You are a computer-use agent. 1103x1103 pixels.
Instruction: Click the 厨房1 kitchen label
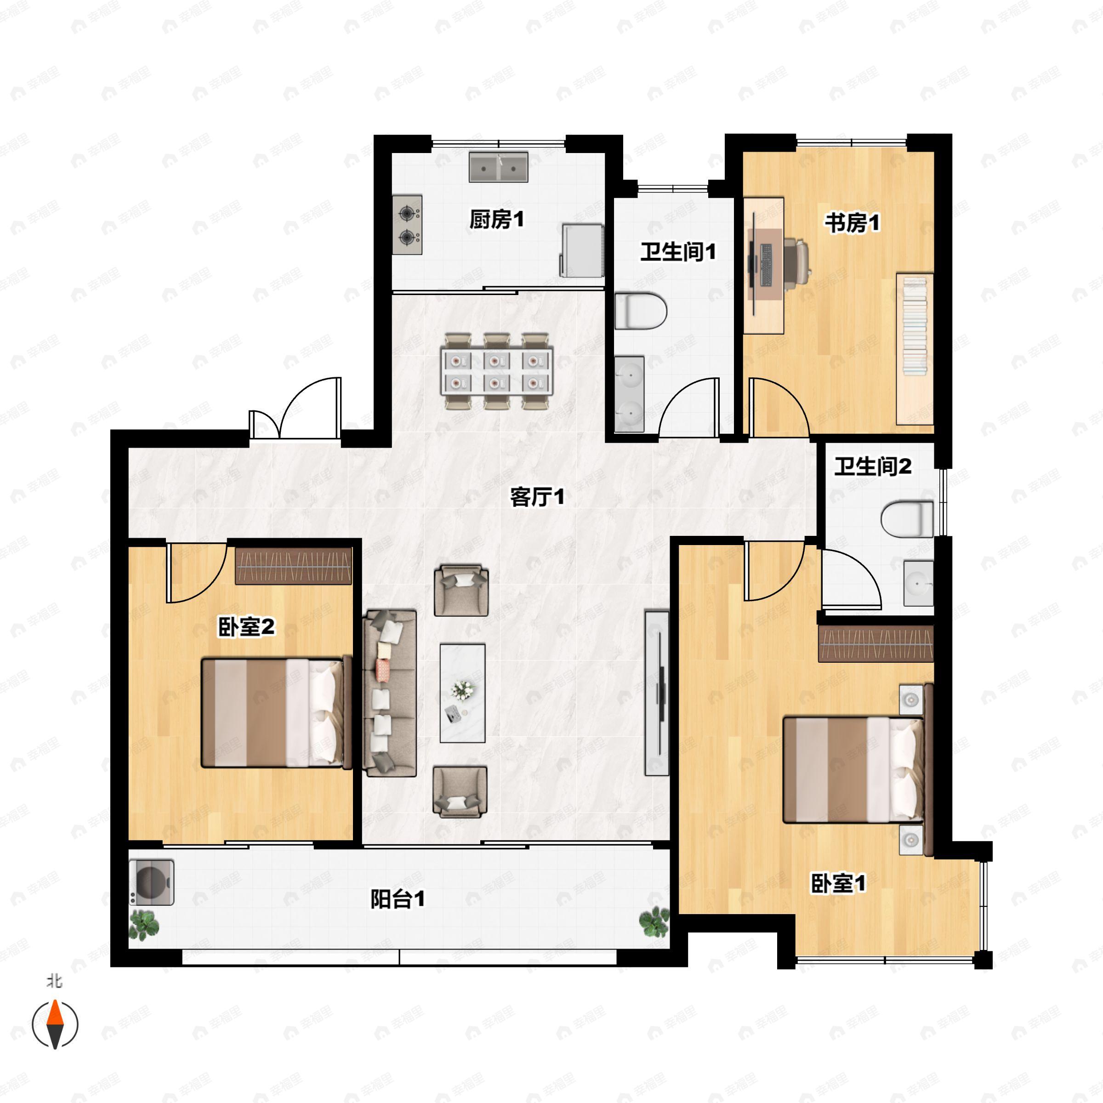click(x=496, y=219)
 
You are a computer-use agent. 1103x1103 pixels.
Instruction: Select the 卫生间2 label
click(x=873, y=466)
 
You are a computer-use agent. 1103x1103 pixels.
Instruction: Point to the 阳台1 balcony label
click(x=398, y=899)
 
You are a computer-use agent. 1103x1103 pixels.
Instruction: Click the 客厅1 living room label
click(x=537, y=497)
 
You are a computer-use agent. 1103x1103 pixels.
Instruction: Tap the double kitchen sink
click(x=498, y=167)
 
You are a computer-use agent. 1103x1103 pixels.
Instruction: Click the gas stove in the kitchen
click(x=407, y=224)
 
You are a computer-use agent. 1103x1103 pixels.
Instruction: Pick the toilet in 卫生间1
click(x=641, y=311)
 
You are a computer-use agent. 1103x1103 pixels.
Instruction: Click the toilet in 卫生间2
click(x=907, y=518)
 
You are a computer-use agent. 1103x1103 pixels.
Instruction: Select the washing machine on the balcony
click(x=151, y=882)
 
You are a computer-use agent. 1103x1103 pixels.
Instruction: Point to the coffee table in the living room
click(x=462, y=693)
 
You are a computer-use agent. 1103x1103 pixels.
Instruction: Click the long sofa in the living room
click(x=390, y=693)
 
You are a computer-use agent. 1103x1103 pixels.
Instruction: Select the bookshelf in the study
click(x=915, y=349)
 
